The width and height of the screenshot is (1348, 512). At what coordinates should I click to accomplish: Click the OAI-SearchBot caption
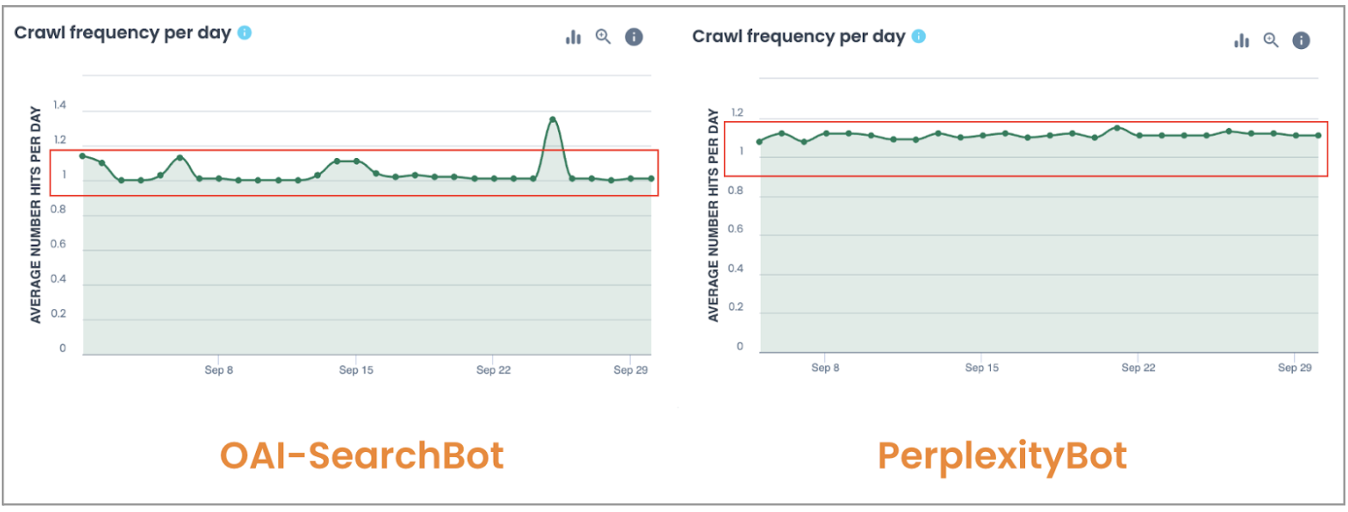(x=361, y=455)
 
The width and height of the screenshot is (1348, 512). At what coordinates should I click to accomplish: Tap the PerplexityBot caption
(x=1002, y=455)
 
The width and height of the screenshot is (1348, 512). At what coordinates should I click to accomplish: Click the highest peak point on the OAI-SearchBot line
(x=552, y=119)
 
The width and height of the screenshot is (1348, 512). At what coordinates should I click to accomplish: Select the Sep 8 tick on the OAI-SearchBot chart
(x=219, y=370)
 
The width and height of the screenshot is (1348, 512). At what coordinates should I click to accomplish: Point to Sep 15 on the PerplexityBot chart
(x=981, y=368)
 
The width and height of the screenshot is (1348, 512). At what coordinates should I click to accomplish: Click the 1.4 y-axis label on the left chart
(x=59, y=106)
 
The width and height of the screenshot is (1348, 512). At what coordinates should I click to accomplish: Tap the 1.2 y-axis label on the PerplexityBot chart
(x=737, y=113)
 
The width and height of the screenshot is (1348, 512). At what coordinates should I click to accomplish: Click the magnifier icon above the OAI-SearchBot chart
(x=604, y=37)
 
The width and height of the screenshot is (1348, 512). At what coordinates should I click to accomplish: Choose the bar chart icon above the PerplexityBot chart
(x=1242, y=40)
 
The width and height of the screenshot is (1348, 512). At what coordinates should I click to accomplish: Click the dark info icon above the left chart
(x=634, y=37)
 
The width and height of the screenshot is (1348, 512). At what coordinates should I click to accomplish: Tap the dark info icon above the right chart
(x=1302, y=40)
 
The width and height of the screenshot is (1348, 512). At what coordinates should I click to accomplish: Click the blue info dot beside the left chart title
(x=245, y=33)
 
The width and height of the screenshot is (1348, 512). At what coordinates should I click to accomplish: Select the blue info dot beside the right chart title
(x=919, y=36)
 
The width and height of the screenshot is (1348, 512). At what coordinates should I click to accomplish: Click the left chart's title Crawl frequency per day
(x=123, y=33)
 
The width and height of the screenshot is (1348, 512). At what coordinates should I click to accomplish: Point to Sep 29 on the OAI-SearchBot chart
(x=630, y=370)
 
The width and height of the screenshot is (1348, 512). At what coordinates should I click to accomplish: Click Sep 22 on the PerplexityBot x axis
(x=1138, y=368)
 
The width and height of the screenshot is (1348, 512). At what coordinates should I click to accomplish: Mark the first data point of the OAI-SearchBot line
(x=82, y=156)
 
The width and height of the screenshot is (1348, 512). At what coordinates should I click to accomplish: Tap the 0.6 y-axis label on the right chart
(x=736, y=229)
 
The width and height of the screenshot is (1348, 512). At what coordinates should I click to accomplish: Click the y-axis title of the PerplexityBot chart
(x=713, y=216)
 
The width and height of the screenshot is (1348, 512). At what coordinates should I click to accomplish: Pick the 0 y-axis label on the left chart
(x=62, y=349)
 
